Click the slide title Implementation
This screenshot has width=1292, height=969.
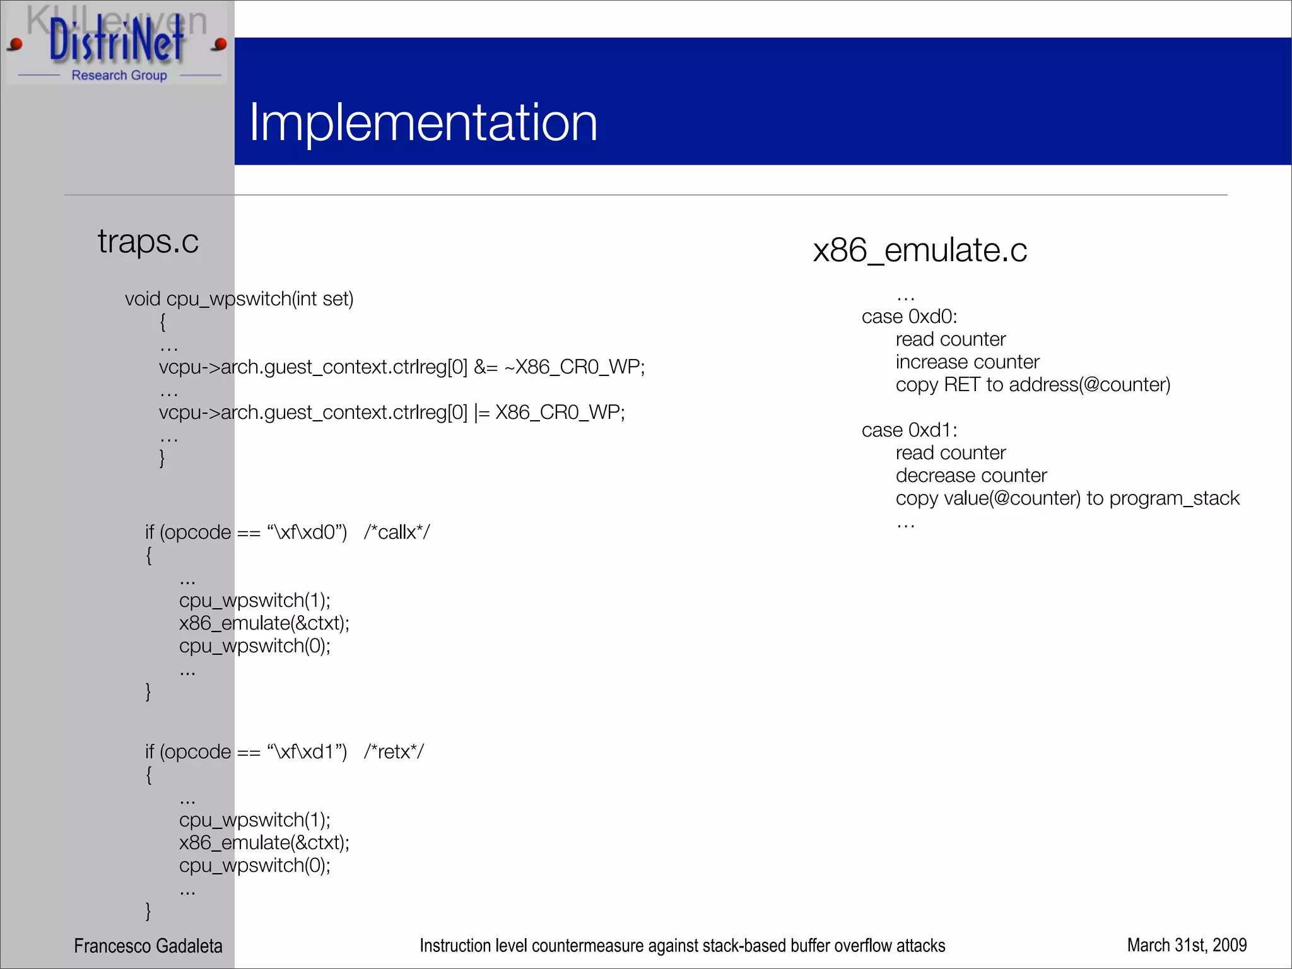click(423, 122)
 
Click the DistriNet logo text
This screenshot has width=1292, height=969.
click(117, 40)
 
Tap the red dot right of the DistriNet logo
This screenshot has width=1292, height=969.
click(220, 44)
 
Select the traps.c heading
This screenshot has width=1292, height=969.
click(148, 241)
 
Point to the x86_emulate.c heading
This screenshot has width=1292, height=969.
click(920, 250)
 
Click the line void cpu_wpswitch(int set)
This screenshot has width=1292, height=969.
click(239, 298)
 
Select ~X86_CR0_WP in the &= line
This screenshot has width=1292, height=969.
click(574, 367)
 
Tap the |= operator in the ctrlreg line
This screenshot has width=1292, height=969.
click(482, 413)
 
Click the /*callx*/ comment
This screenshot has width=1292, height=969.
click(396, 532)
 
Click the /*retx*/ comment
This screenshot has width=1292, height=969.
click(394, 751)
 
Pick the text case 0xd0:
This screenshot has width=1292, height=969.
click(909, 316)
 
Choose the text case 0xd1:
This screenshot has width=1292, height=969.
click(909, 430)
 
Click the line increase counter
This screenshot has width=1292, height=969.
click(967, 361)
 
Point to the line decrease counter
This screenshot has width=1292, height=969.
click(971, 475)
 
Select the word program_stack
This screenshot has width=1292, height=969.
click(1174, 498)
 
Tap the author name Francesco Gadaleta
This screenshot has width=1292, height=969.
click(148, 945)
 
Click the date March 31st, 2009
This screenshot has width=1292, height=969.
click(1187, 944)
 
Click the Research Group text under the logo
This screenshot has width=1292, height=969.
click(119, 75)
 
